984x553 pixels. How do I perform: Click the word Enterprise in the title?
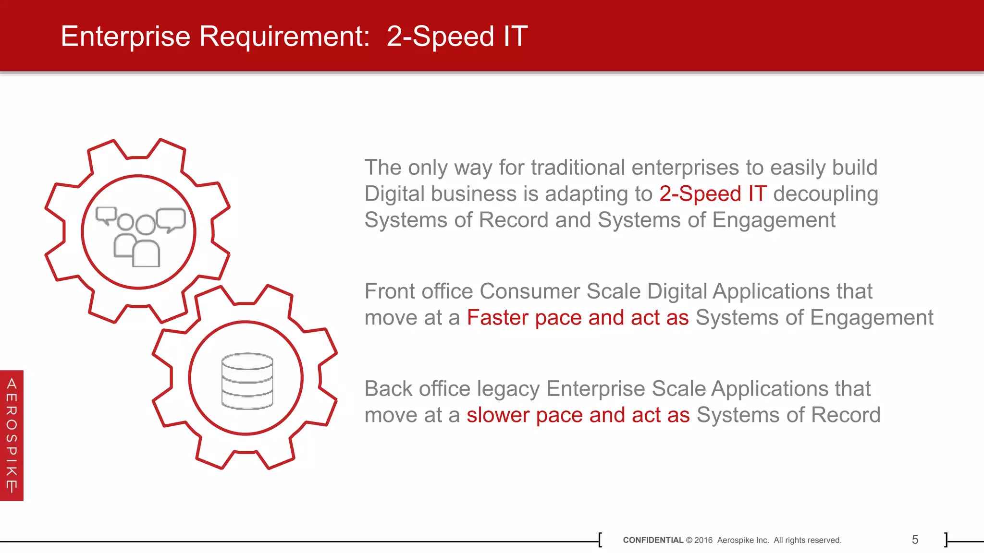tap(125, 36)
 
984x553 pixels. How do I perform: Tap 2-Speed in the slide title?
tap(440, 36)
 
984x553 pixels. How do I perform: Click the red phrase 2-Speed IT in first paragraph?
tap(713, 194)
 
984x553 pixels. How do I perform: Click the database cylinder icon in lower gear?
tap(247, 381)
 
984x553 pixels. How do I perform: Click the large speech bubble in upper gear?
tap(171, 219)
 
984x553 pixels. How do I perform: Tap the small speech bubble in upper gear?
tap(106, 215)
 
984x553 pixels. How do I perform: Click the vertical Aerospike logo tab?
tap(12, 435)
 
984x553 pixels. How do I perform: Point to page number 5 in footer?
tap(915, 540)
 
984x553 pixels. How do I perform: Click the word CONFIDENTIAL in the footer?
tap(652, 540)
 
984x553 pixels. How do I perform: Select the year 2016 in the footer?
tap(703, 540)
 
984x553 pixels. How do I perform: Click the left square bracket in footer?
tap(600, 540)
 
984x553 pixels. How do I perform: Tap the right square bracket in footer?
tap(946, 540)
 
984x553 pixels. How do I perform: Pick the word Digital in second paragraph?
tap(677, 291)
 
